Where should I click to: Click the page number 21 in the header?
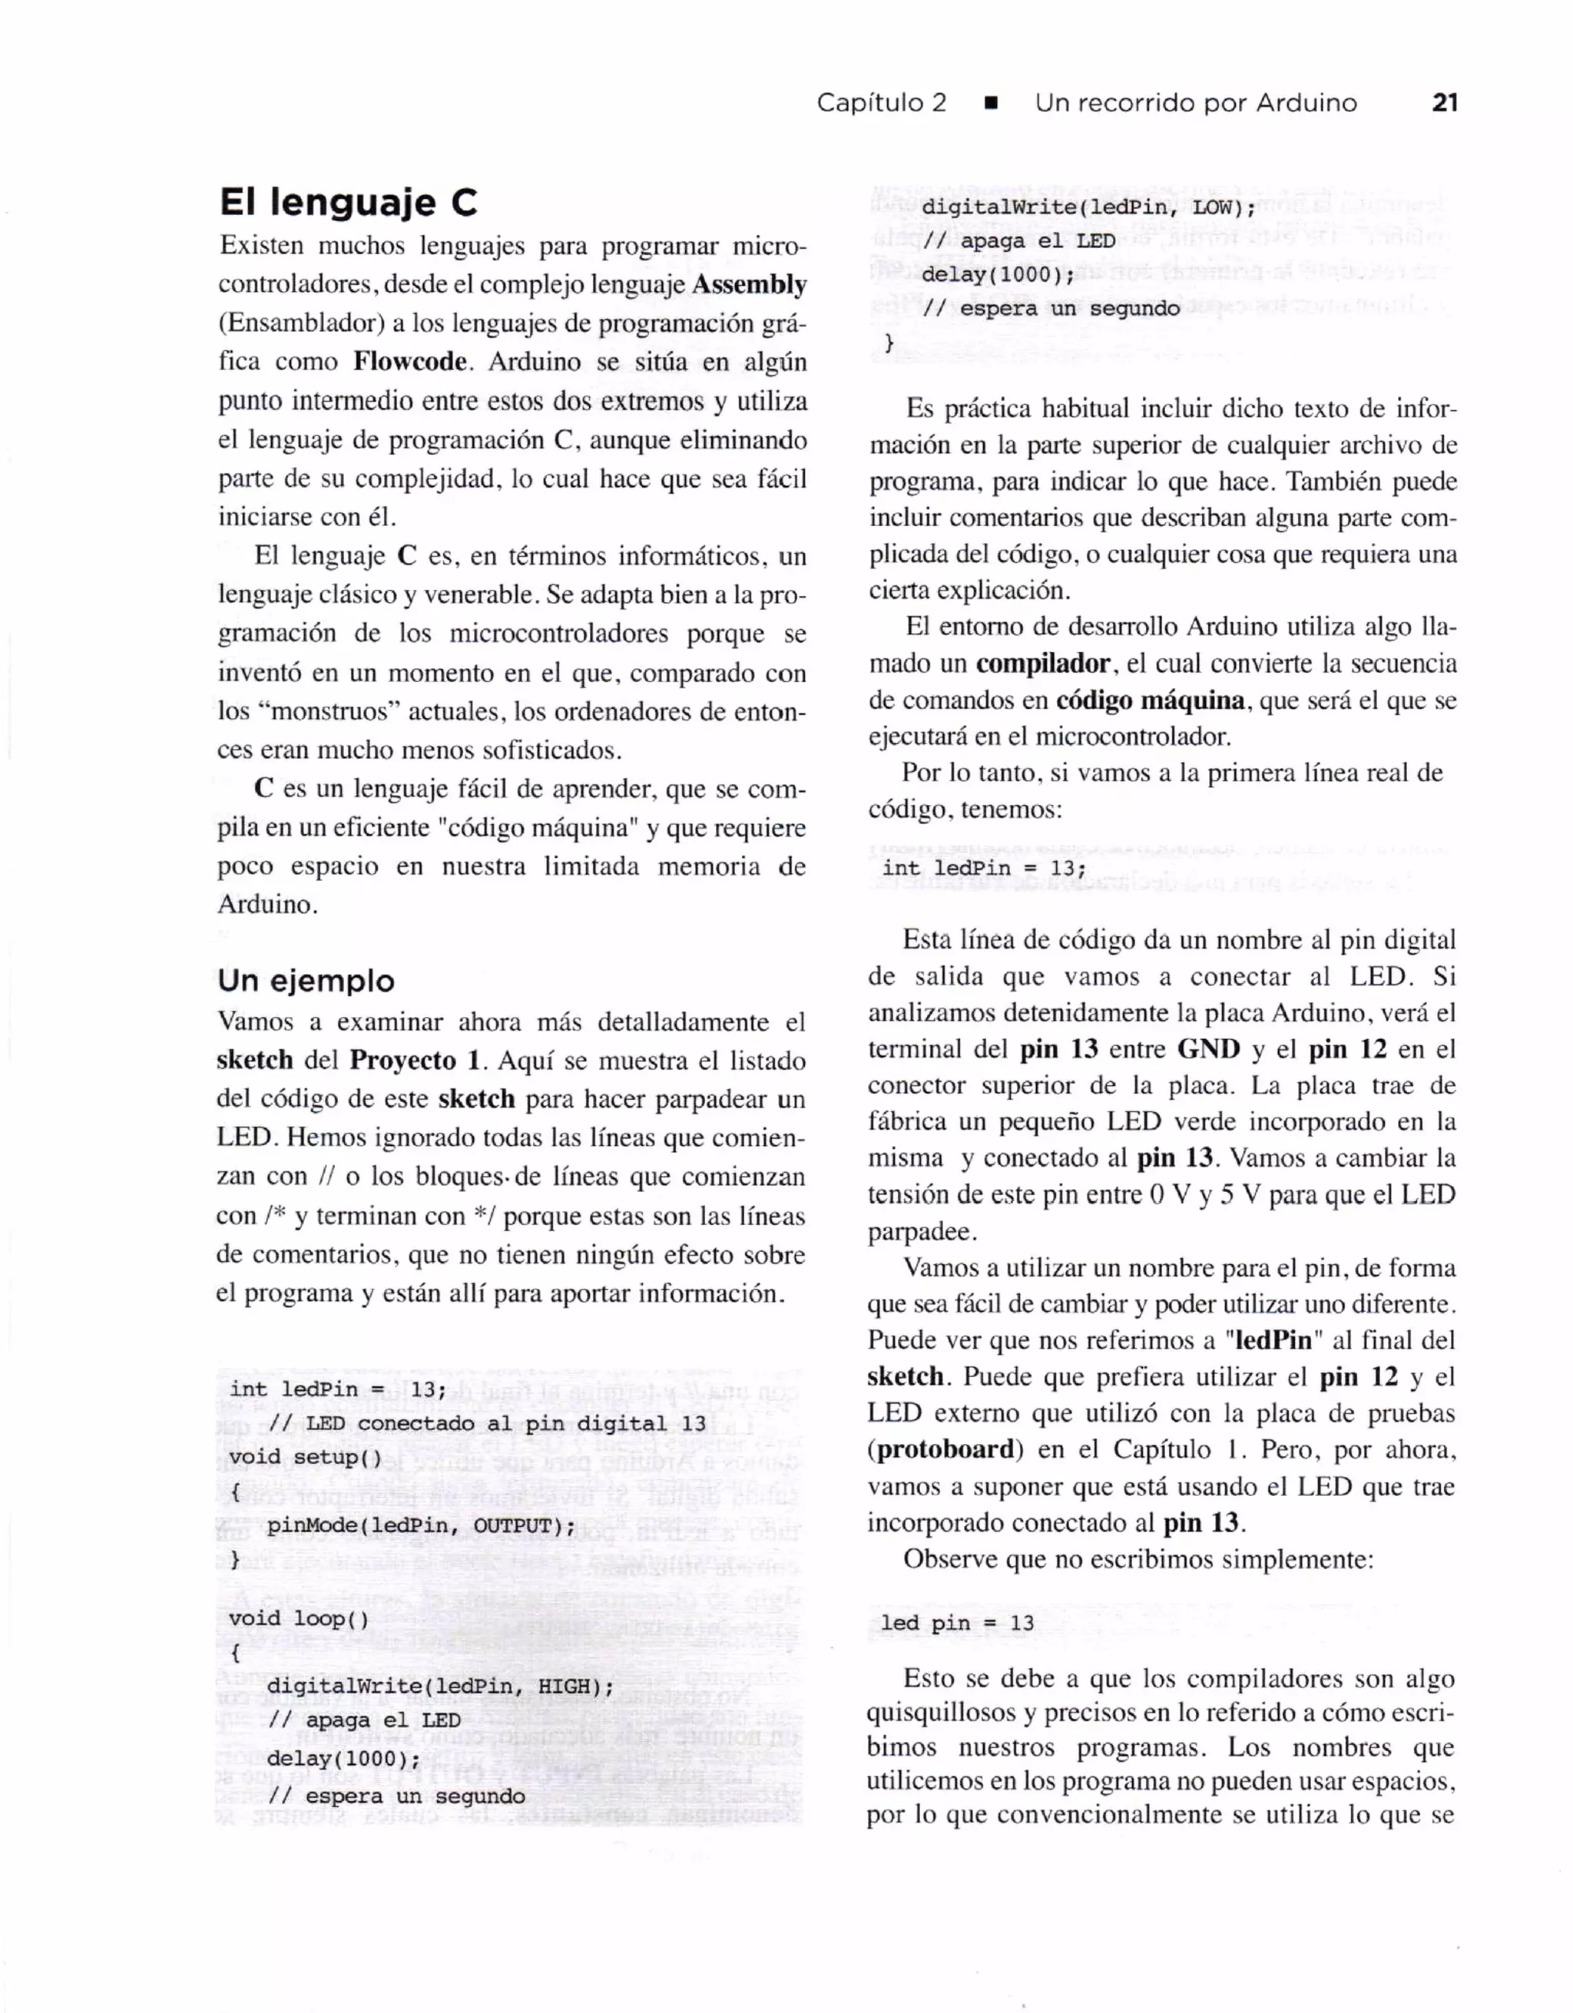(x=1445, y=102)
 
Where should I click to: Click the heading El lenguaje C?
(x=349, y=202)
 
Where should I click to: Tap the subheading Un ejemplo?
(x=306, y=980)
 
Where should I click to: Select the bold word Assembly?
(x=748, y=285)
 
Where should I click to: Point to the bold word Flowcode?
(x=409, y=361)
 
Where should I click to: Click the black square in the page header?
(x=991, y=103)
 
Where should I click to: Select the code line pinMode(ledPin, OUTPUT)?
(x=421, y=1525)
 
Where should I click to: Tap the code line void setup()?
(x=305, y=1457)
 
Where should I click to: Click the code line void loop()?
(x=299, y=1618)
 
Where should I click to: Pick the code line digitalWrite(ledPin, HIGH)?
(x=440, y=1687)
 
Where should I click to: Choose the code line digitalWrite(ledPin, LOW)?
(x=1088, y=207)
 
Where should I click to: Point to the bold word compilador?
(x=1042, y=664)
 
